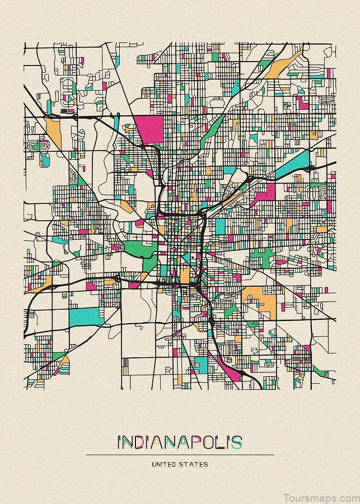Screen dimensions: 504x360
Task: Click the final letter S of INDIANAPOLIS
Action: coord(238,442)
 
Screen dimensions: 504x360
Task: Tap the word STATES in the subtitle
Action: coord(195,464)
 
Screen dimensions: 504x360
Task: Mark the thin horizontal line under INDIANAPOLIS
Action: coord(180,455)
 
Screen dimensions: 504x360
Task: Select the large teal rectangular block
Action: coord(86,316)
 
